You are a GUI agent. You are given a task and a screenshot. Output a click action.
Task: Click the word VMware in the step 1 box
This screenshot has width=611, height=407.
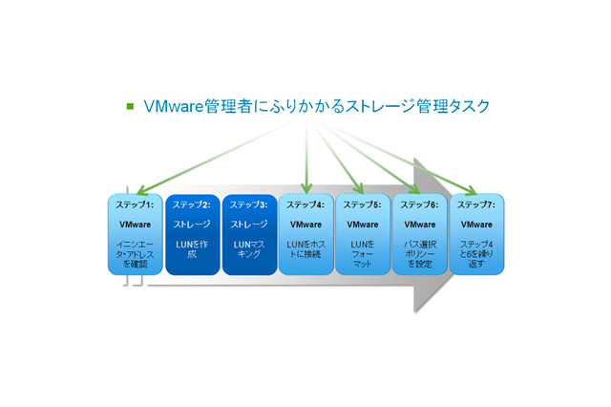tap(135, 225)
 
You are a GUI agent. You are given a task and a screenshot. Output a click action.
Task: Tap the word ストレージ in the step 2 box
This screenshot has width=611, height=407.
tap(191, 225)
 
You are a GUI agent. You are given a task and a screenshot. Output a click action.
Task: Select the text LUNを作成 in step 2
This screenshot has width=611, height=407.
tap(191, 250)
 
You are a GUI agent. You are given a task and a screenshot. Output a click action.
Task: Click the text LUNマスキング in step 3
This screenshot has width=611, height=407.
tap(248, 250)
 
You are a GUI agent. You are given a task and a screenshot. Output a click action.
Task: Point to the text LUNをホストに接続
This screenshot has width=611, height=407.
tap(305, 250)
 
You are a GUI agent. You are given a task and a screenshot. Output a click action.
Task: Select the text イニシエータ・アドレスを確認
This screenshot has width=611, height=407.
tap(135, 255)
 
